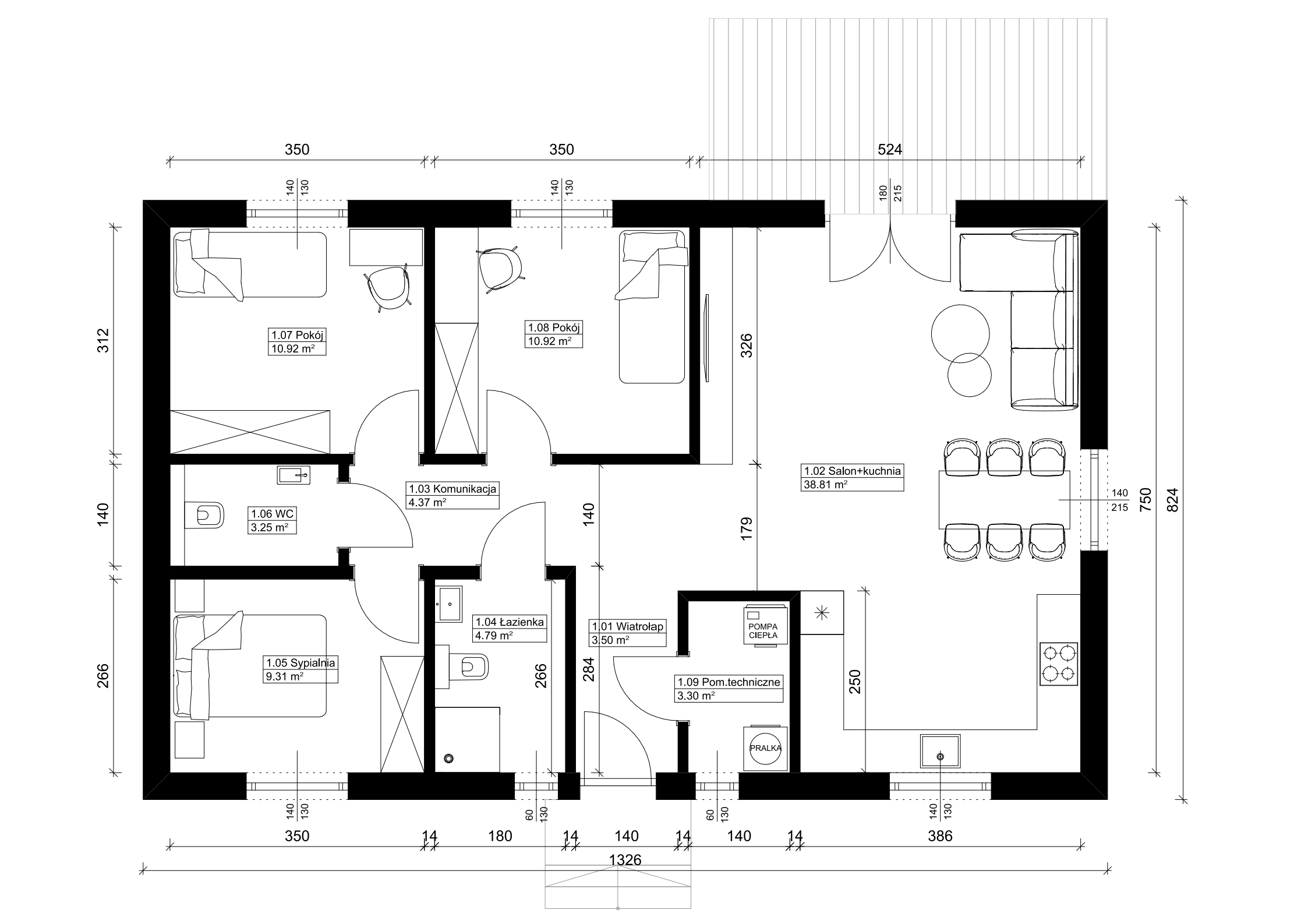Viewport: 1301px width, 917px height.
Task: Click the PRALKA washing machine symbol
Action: click(765, 749)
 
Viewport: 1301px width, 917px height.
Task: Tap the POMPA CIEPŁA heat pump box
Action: click(766, 625)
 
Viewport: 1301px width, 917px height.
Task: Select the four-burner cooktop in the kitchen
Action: click(1059, 664)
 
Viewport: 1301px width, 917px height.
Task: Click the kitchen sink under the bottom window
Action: click(940, 752)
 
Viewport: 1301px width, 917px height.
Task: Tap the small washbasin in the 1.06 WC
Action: click(295, 475)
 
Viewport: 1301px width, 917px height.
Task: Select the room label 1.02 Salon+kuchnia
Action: click(853, 471)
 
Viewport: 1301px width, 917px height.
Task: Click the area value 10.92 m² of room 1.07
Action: click(292, 349)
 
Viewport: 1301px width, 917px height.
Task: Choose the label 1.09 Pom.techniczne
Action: click(728, 682)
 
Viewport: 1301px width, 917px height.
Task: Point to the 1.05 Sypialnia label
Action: click(300, 662)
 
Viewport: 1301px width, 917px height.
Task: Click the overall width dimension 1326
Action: click(625, 860)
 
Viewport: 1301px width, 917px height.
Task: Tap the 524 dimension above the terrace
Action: click(890, 150)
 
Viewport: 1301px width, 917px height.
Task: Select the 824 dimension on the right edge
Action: click(1173, 499)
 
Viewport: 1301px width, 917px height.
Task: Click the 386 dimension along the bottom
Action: click(940, 836)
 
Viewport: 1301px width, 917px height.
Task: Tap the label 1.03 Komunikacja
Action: click(452, 489)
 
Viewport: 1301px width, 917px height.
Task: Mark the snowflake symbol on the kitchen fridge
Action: click(822, 612)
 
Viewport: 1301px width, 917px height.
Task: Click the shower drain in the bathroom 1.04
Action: click(448, 758)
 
